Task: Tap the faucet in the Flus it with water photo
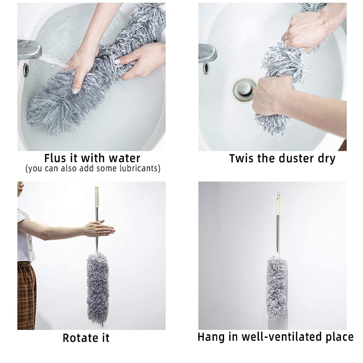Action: (x=29, y=50)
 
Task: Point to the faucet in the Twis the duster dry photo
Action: (x=207, y=54)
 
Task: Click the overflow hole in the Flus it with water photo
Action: (x=26, y=70)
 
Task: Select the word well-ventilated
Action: (x=277, y=337)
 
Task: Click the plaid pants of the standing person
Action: (x=27, y=294)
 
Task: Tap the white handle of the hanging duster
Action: (x=278, y=204)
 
